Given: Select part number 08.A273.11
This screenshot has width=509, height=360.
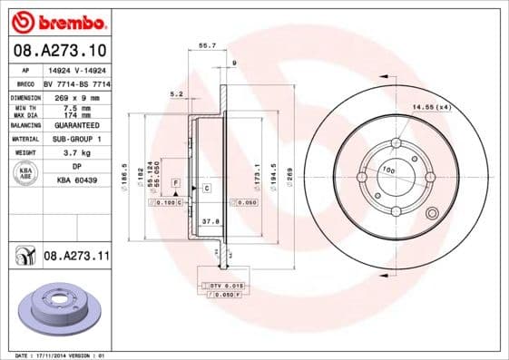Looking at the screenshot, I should pos(76,257).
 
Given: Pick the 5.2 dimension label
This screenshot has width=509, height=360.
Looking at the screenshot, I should pos(177,93).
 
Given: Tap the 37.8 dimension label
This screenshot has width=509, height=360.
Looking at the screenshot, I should pos(209,220).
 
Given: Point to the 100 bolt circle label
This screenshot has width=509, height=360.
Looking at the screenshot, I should pos(387,170).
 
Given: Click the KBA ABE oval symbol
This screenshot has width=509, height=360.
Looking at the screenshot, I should pos(26,173).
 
